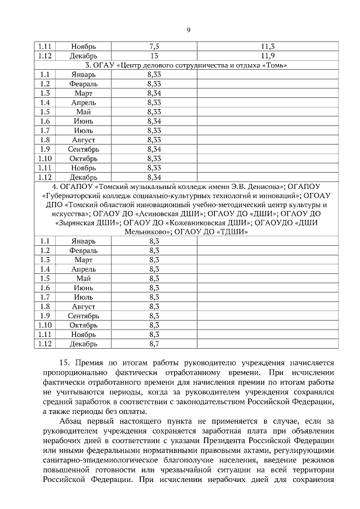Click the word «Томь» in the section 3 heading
coord(274,65)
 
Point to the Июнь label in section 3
coord(83,121)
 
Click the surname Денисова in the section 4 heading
coord(256,187)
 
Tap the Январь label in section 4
coord(83,241)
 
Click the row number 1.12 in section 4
coord(45,344)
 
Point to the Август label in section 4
coord(83,307)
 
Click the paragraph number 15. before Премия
coord(66,364)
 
